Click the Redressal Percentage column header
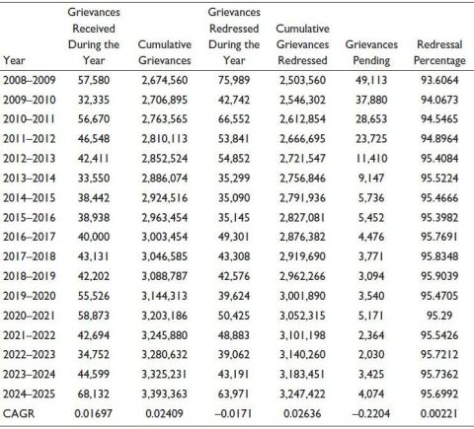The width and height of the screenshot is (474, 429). [x=439, y=52]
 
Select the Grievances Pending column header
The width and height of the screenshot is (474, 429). [x=371, y=52]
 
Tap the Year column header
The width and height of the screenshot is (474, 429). [x=14, y=60]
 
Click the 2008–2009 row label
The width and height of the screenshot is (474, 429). [x=30, y=80]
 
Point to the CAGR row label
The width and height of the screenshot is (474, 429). [x=19, y=413]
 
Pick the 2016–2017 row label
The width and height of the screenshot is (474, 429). [x=30, y=237]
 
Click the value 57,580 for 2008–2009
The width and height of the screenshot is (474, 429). [x=94, y=80]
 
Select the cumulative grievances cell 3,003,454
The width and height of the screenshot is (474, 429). [x=165, y=237]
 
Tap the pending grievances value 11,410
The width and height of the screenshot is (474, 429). [x=371, y=159]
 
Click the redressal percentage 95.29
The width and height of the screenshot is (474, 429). [x=439, y=316]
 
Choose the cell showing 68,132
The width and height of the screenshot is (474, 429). [x=94, y=393]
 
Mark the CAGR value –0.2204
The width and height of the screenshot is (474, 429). [x=371, y=413]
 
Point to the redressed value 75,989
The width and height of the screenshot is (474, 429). [x=234, y=80]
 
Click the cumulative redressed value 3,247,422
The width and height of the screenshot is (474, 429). [x=302, y=393]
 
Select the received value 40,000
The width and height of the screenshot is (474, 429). [x=94, y=237]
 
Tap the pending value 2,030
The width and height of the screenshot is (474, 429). [x=371, y=354]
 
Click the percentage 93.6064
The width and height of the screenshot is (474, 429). [x=439, y=80]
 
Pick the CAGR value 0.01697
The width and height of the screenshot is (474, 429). [x=94, y=413]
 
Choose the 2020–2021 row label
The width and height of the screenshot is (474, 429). [x=30, y=316]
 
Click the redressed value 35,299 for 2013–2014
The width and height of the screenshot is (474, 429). [x=234, y=179]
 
